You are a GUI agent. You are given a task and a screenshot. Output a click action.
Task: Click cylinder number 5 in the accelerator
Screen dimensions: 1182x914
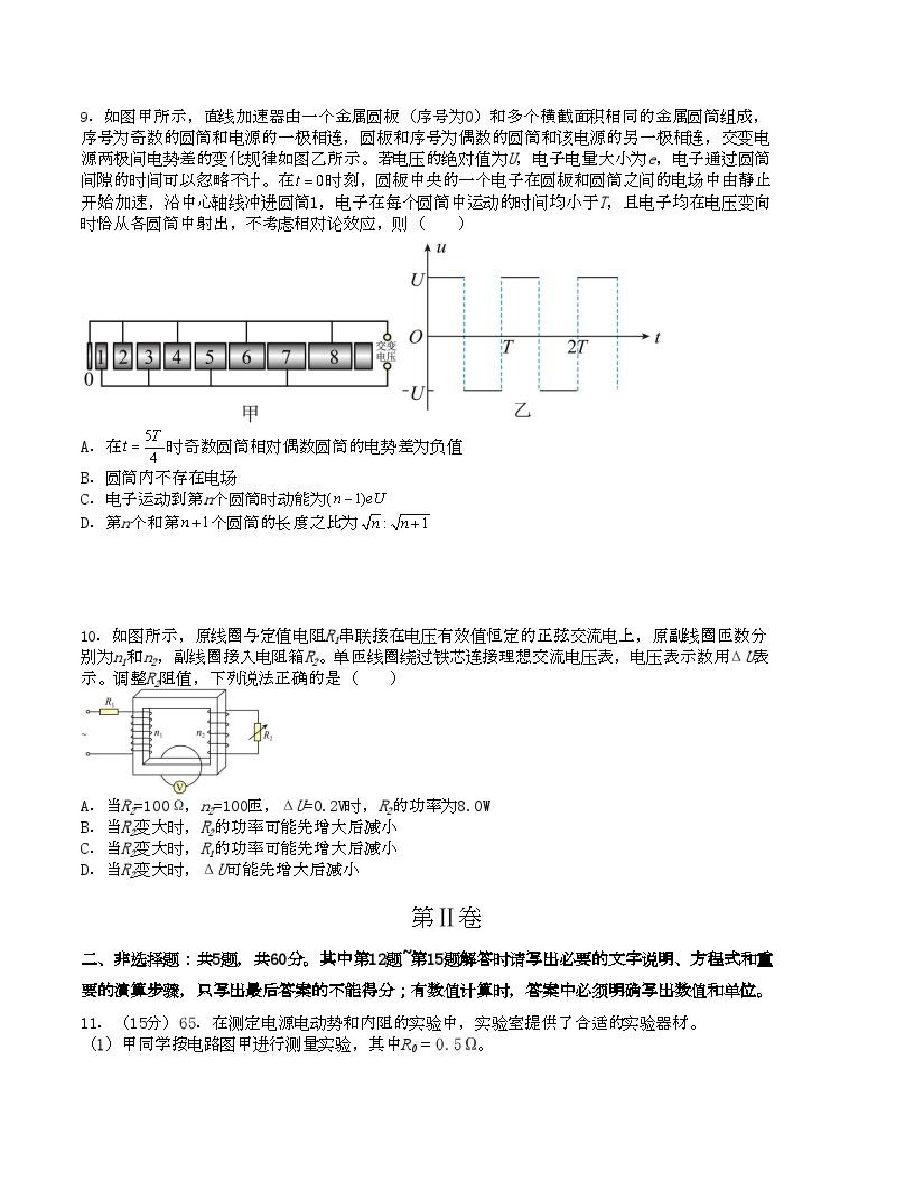click(x=210, y=357)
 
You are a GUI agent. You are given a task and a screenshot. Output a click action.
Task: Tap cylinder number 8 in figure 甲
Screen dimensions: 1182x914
click(x=333, y=357)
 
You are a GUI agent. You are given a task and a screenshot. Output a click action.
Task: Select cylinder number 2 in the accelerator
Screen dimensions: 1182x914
click(x=124, y=357)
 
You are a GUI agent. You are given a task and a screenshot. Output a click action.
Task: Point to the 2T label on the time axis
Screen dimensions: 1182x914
click(x=577, y=347)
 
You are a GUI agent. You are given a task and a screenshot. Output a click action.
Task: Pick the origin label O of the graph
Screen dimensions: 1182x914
click(x=415, y=337)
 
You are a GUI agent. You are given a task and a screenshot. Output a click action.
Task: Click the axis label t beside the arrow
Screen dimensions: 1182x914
click(x=658, y=338)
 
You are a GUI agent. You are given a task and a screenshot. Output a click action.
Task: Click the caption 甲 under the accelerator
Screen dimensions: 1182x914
click(x=249, y=414)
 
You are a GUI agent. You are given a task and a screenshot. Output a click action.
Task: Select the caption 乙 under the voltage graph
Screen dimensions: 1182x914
click(x=522, y=412)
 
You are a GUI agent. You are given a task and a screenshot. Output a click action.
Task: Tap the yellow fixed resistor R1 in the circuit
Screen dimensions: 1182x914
click(x=109, y=711)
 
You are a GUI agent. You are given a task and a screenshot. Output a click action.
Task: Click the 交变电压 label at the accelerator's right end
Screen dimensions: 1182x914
click(x=386, y=352)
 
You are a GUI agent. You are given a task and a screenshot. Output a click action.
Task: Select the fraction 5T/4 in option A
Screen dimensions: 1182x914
click(x=153, y=446)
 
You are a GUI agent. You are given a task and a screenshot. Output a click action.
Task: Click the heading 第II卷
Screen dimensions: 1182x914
click(x=446, y=917)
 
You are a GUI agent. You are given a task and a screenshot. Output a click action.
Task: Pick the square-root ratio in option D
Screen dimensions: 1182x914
click(x=395, y=523)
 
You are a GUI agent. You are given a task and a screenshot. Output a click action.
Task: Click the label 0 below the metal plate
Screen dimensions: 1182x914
click(x=89, y=380)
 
